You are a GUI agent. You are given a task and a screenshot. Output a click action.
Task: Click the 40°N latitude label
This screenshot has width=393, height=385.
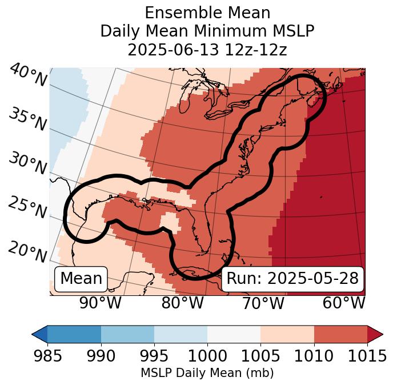(27, 75)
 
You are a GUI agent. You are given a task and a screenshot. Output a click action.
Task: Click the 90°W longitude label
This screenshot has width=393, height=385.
(101, 303)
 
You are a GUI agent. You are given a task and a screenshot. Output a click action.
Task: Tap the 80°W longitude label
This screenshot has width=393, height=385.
(182, 303)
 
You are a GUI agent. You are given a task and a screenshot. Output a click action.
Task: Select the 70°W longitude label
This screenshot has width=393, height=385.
(263, 303)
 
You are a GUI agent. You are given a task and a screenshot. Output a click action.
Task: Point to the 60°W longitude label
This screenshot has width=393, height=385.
(343, 303)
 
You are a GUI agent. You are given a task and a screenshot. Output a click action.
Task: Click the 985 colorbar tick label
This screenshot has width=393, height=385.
(47, 356)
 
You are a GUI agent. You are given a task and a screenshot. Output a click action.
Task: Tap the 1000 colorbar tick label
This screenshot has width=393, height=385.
(207, 356)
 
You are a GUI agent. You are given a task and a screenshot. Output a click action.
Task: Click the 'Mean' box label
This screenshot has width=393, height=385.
(81, 279)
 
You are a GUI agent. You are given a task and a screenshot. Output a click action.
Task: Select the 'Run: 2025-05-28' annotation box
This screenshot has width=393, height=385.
(292, 279)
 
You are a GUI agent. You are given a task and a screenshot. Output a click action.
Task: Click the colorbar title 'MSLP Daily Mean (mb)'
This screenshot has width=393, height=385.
(207, 374)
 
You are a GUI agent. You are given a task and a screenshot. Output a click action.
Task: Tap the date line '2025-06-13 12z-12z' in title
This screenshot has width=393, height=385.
(207, 50)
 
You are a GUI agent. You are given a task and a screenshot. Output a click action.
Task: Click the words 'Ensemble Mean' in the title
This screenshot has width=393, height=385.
(207, 13)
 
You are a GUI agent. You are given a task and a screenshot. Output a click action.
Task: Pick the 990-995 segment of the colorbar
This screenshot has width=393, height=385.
(127, 334)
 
